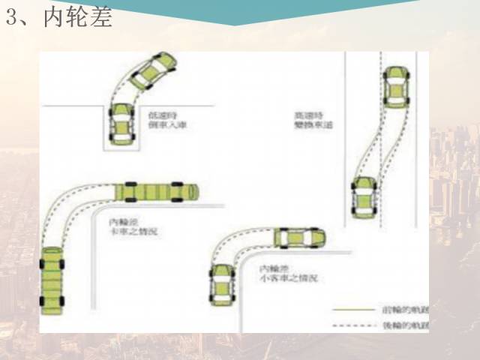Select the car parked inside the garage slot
[120, 123]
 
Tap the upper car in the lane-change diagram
[394, 87]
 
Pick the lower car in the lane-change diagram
[364, 196]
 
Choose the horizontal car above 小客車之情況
[299, 238]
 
